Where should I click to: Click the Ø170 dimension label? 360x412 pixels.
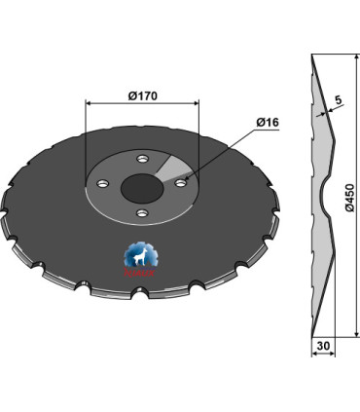pyautogui.click(x=144, y=94)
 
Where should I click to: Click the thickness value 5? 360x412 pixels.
pyautogui.click(x=336, y=98)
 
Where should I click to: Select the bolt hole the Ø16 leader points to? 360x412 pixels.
pyautogui.click(x=181, y=179)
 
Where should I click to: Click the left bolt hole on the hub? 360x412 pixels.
pyautogui.click(x=101, y=182)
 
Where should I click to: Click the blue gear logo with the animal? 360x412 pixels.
pyautogui.click(x=140, y=257)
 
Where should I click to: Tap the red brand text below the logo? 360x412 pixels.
pyautogui.click(x=140, y=277)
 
